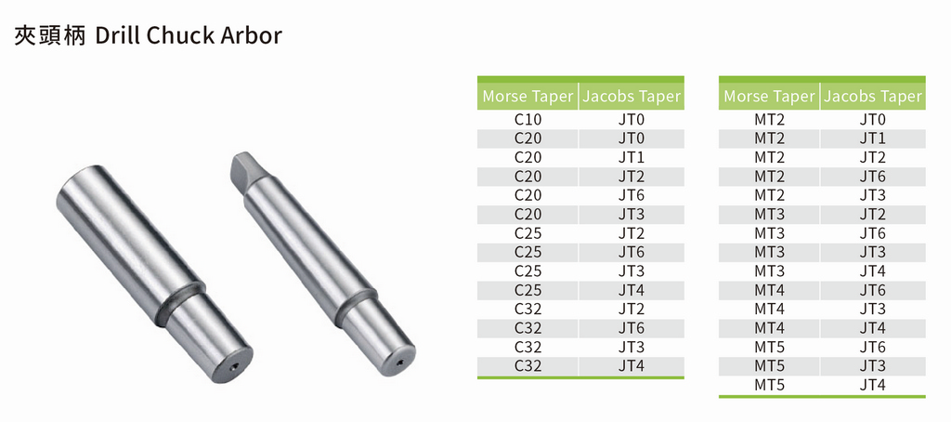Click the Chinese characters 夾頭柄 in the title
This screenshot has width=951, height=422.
tap(50, 36)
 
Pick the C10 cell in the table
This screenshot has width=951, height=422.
tap(528, 120)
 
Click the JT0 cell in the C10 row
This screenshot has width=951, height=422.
tap(632, 120)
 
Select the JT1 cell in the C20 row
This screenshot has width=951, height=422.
tap(632, 158)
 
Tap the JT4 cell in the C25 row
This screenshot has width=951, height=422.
tap(632, 290)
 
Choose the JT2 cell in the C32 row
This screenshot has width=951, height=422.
tap(632, 309)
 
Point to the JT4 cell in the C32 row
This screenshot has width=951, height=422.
tap(632, 366)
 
